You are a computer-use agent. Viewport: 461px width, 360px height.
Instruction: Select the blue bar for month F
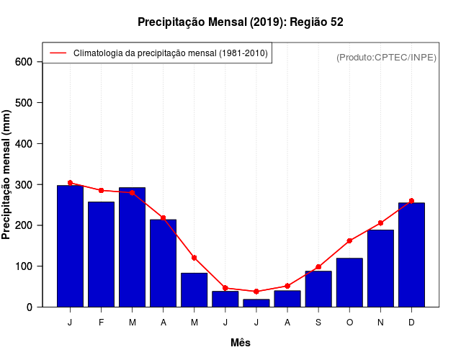[101, 254]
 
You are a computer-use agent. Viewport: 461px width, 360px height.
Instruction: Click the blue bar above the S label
[318, 289]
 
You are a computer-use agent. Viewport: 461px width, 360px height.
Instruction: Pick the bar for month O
[349, 282]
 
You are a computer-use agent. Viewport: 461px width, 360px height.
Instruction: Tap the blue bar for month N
[380, 268]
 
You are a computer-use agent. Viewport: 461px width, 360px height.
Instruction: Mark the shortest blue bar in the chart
[256, 303]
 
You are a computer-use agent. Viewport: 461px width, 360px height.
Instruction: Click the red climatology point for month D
[411, 201]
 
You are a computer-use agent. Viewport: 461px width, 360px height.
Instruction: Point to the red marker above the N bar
[380, 223]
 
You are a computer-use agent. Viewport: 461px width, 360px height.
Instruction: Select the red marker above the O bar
[349, 240]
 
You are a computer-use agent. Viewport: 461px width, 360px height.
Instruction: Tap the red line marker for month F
[101, 190]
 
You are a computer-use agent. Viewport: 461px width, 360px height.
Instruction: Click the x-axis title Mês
[241, 343]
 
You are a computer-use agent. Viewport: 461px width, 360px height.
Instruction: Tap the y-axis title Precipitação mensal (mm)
[7, 175]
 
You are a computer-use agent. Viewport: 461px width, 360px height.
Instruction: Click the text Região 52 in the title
[317, 22]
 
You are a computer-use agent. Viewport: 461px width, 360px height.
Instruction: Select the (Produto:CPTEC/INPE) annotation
[386, 57]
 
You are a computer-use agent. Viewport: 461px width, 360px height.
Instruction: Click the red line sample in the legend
[58, 53]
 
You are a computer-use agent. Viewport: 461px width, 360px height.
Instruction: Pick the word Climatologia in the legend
[97, 53]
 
